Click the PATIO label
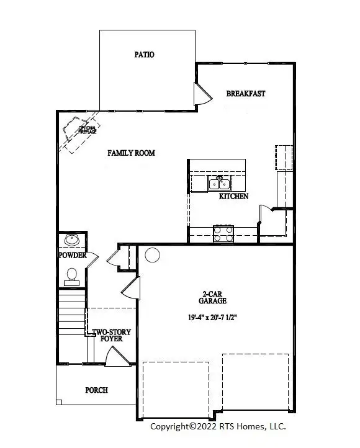144,55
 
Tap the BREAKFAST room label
246,94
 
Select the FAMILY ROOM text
131,153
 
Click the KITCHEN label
234,196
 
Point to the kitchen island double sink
219,183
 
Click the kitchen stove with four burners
223,233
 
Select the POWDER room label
72,256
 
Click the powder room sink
72,240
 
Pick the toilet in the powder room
71,274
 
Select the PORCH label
96,390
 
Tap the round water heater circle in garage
151,254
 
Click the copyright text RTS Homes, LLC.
219,426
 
